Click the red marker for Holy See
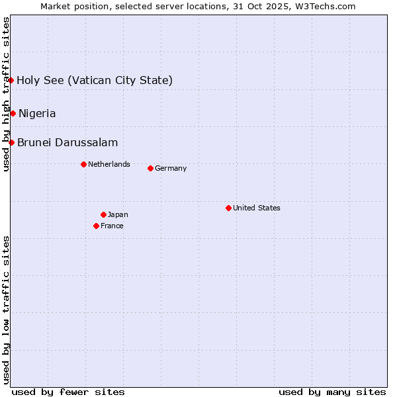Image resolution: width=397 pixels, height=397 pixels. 11,80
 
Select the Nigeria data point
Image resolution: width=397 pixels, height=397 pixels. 13,113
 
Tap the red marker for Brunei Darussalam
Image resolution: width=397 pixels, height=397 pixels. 11,142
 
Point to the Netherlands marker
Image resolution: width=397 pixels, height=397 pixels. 83,164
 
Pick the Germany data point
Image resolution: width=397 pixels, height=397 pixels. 150,168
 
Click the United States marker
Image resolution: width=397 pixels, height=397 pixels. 228,208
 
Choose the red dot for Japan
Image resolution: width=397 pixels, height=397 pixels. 103,214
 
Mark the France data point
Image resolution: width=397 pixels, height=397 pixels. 96,226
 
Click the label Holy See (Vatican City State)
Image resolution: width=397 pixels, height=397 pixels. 95,81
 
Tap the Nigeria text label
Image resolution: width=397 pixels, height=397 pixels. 37,113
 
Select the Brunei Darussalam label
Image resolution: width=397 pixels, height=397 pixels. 67,142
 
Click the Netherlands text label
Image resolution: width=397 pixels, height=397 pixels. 109,164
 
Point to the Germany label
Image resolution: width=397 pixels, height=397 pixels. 171,168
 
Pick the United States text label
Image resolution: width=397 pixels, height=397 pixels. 257,208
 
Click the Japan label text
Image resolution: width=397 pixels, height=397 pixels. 118,214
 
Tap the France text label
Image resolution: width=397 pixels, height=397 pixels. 112,226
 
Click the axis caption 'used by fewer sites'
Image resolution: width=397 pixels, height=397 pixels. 68,392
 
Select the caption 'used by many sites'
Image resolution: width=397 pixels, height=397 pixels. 332,392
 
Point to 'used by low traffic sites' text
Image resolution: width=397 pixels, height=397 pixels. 7,310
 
